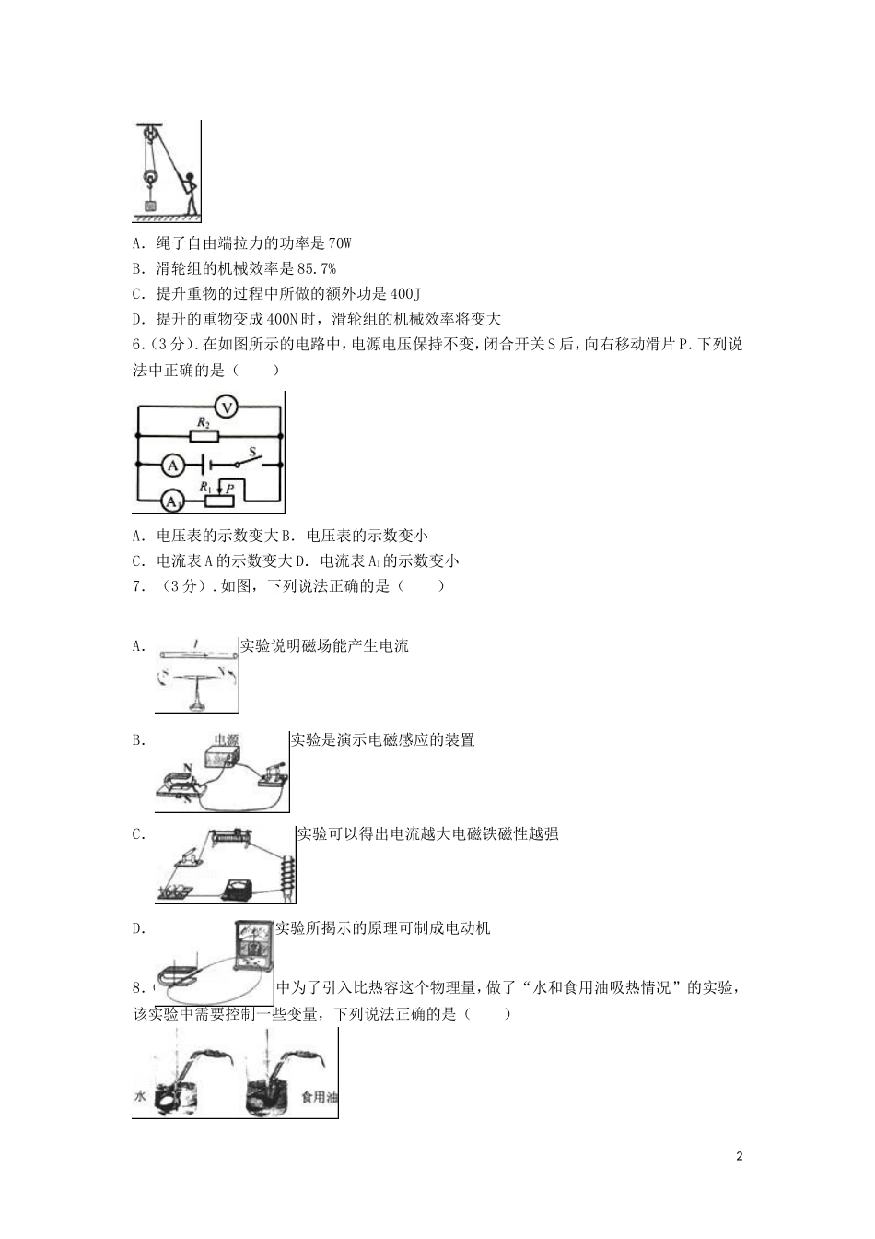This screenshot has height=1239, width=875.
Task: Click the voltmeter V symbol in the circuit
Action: [227, 408]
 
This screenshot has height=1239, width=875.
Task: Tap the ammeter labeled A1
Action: [171, 501]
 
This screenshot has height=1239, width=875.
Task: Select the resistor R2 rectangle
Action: [204, 436]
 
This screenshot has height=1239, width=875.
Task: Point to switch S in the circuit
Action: [249, 460]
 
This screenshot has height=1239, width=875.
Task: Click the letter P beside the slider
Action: [230, 489]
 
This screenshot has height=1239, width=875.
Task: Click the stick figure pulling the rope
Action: [190, 193]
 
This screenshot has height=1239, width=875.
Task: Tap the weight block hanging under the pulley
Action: [150, 206]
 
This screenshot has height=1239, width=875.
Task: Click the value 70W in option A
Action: [339, 242]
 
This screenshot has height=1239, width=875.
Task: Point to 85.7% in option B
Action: [316, 269]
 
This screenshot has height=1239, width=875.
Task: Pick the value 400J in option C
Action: [405, 294]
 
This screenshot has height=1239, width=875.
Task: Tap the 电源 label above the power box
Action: [226, 739]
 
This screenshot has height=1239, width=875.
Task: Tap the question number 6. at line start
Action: [139, 345]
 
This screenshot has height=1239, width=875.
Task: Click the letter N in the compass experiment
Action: [220, 671]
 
